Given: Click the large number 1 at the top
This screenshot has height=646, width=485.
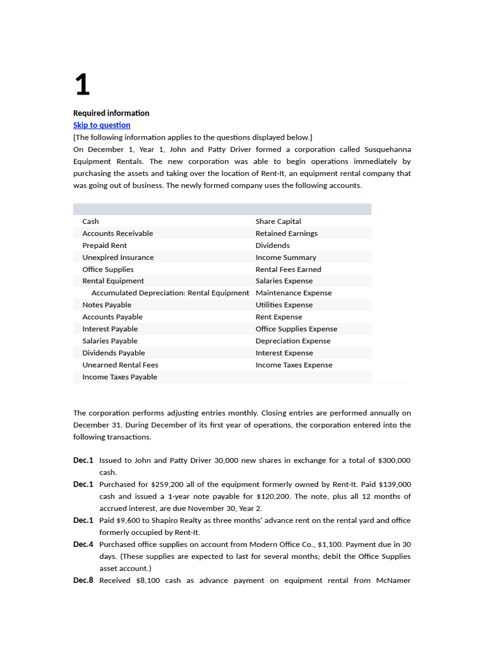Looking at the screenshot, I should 82,85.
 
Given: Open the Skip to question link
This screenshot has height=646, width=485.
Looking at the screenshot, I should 102,125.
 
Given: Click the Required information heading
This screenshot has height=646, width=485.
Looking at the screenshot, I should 111,113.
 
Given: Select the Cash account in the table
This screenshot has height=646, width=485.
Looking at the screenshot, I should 90,221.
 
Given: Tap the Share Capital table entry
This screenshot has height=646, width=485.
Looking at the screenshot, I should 278,221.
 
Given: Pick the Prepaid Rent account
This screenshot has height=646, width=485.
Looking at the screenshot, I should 104,245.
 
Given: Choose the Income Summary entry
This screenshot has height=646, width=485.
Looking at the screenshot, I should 285,257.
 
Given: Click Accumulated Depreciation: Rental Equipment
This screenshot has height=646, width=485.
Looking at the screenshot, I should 170,293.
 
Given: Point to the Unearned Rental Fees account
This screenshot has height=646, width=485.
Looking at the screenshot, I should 120,365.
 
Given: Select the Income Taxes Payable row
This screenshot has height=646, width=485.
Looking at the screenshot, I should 119,377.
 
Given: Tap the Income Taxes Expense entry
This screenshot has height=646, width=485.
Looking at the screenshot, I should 294,365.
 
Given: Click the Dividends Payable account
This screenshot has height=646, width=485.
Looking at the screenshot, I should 113,353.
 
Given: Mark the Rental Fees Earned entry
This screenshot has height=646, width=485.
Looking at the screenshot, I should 288,269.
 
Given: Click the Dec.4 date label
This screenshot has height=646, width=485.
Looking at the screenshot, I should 83,544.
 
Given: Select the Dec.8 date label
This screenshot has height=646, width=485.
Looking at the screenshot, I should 83,580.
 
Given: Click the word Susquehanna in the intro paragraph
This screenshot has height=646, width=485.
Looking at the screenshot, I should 388,150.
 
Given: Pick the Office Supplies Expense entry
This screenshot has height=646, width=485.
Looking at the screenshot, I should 296,329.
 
